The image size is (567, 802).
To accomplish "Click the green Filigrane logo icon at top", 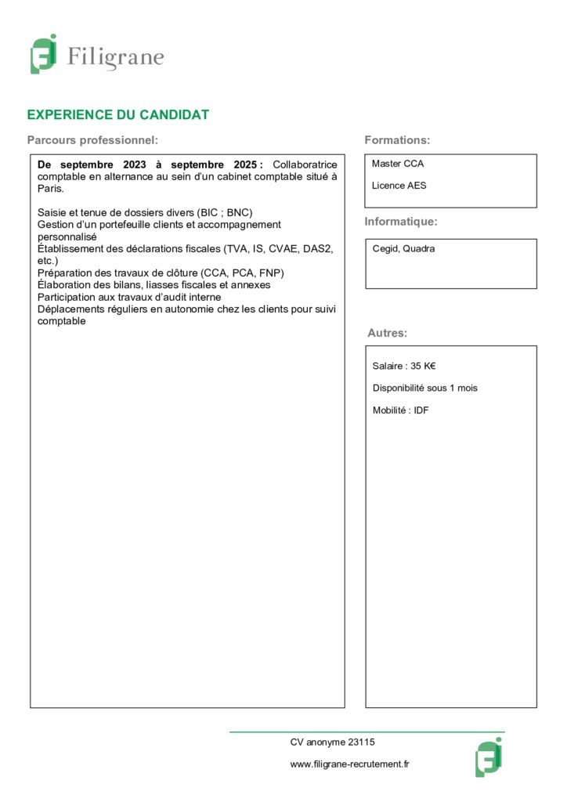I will tap(44, 55).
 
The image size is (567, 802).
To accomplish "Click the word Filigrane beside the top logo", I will tap(115, 57).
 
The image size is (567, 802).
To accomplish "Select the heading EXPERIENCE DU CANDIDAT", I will tap(117, 115).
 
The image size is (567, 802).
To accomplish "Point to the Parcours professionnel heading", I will tap(92, 140).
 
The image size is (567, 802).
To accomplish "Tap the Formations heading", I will tap(397, 140).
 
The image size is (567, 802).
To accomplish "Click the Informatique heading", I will tap(401, 222).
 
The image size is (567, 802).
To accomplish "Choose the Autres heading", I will tap(387, 333).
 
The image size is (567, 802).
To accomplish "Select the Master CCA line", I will tap(398, 164).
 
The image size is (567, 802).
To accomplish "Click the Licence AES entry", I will tap(399, 186).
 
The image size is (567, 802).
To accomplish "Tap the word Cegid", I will tap(385, 248).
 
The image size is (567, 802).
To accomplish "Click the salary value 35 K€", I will tap(423, 366).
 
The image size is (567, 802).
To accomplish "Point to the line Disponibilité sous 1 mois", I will tap(424, 388).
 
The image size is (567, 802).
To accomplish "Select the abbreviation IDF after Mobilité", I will tap(421, 410).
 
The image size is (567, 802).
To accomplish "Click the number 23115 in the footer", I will tap(362, 742).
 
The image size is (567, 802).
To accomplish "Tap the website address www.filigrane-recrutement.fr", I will tap(350, 764).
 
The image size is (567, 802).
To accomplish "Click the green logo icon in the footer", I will tap(488, 757).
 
